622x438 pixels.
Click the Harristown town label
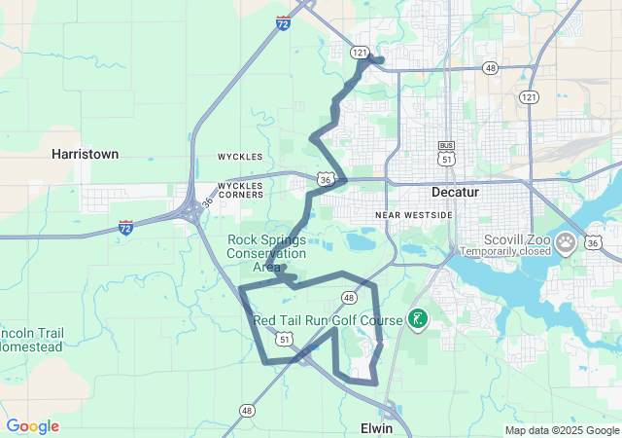click(x=86, y=154)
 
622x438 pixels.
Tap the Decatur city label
click(x=456, y=192)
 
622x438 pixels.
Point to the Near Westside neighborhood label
click(x=414, y=214)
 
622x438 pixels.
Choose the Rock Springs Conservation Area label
click(x=266, y=253)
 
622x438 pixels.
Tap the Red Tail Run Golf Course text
click(x=328, y=320)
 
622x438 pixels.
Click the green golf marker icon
click(x=418, y=318)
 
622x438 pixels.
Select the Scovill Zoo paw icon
click(x=567, y=240)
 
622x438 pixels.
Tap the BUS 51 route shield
click(x=447, y=154)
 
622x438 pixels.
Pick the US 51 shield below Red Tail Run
click(x=283, y=338)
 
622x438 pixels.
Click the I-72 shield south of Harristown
click(x=126, y=227)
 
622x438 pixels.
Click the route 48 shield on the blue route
click(x=348, y=296)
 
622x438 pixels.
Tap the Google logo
click(x=32, y=426)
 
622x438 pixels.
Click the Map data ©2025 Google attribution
click(x=562, y=430)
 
